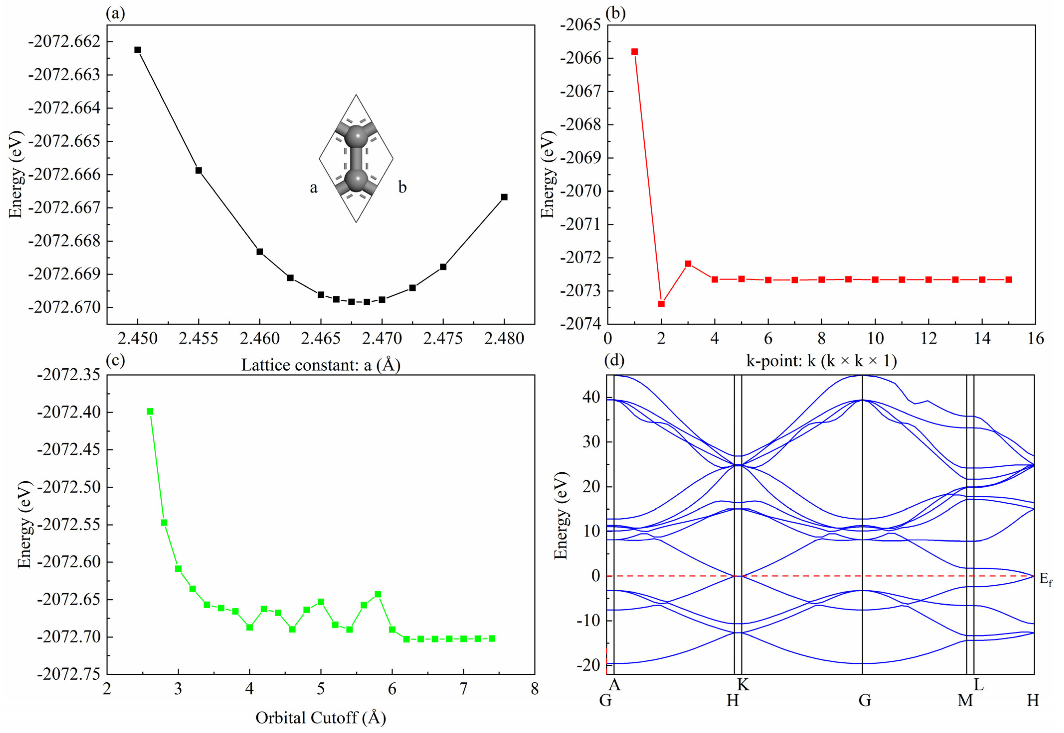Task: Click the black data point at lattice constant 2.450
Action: coord(137,50)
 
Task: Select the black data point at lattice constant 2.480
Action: coord(504,197)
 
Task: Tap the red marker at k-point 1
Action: coord(635,51)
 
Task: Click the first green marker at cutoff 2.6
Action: coord(150,412)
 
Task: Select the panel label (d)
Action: coord(615,361)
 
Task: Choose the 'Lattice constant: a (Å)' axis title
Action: coord(320,365)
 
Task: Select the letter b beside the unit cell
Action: coord(402,187)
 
